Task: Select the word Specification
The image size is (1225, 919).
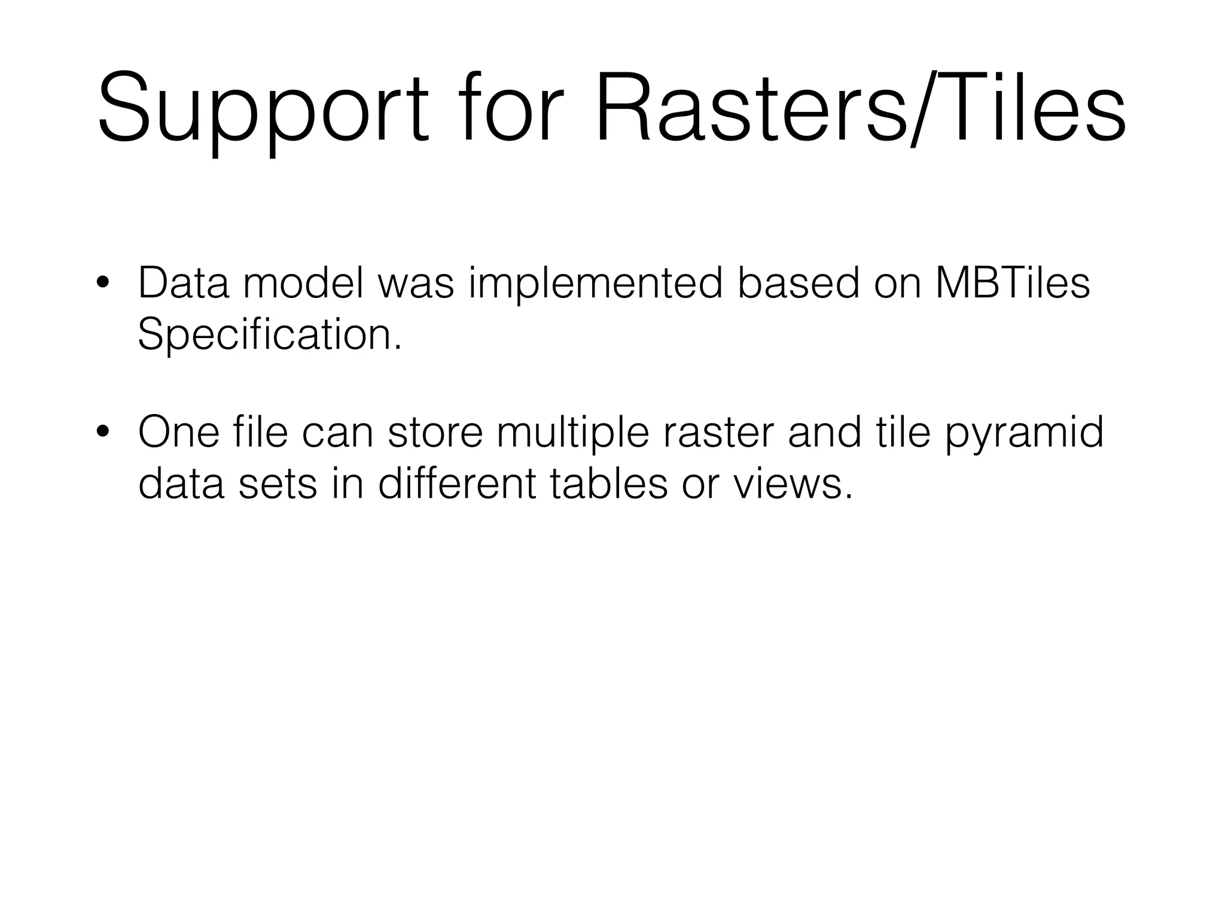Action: (270, 335)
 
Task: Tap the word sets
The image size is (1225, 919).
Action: (278, 484)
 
